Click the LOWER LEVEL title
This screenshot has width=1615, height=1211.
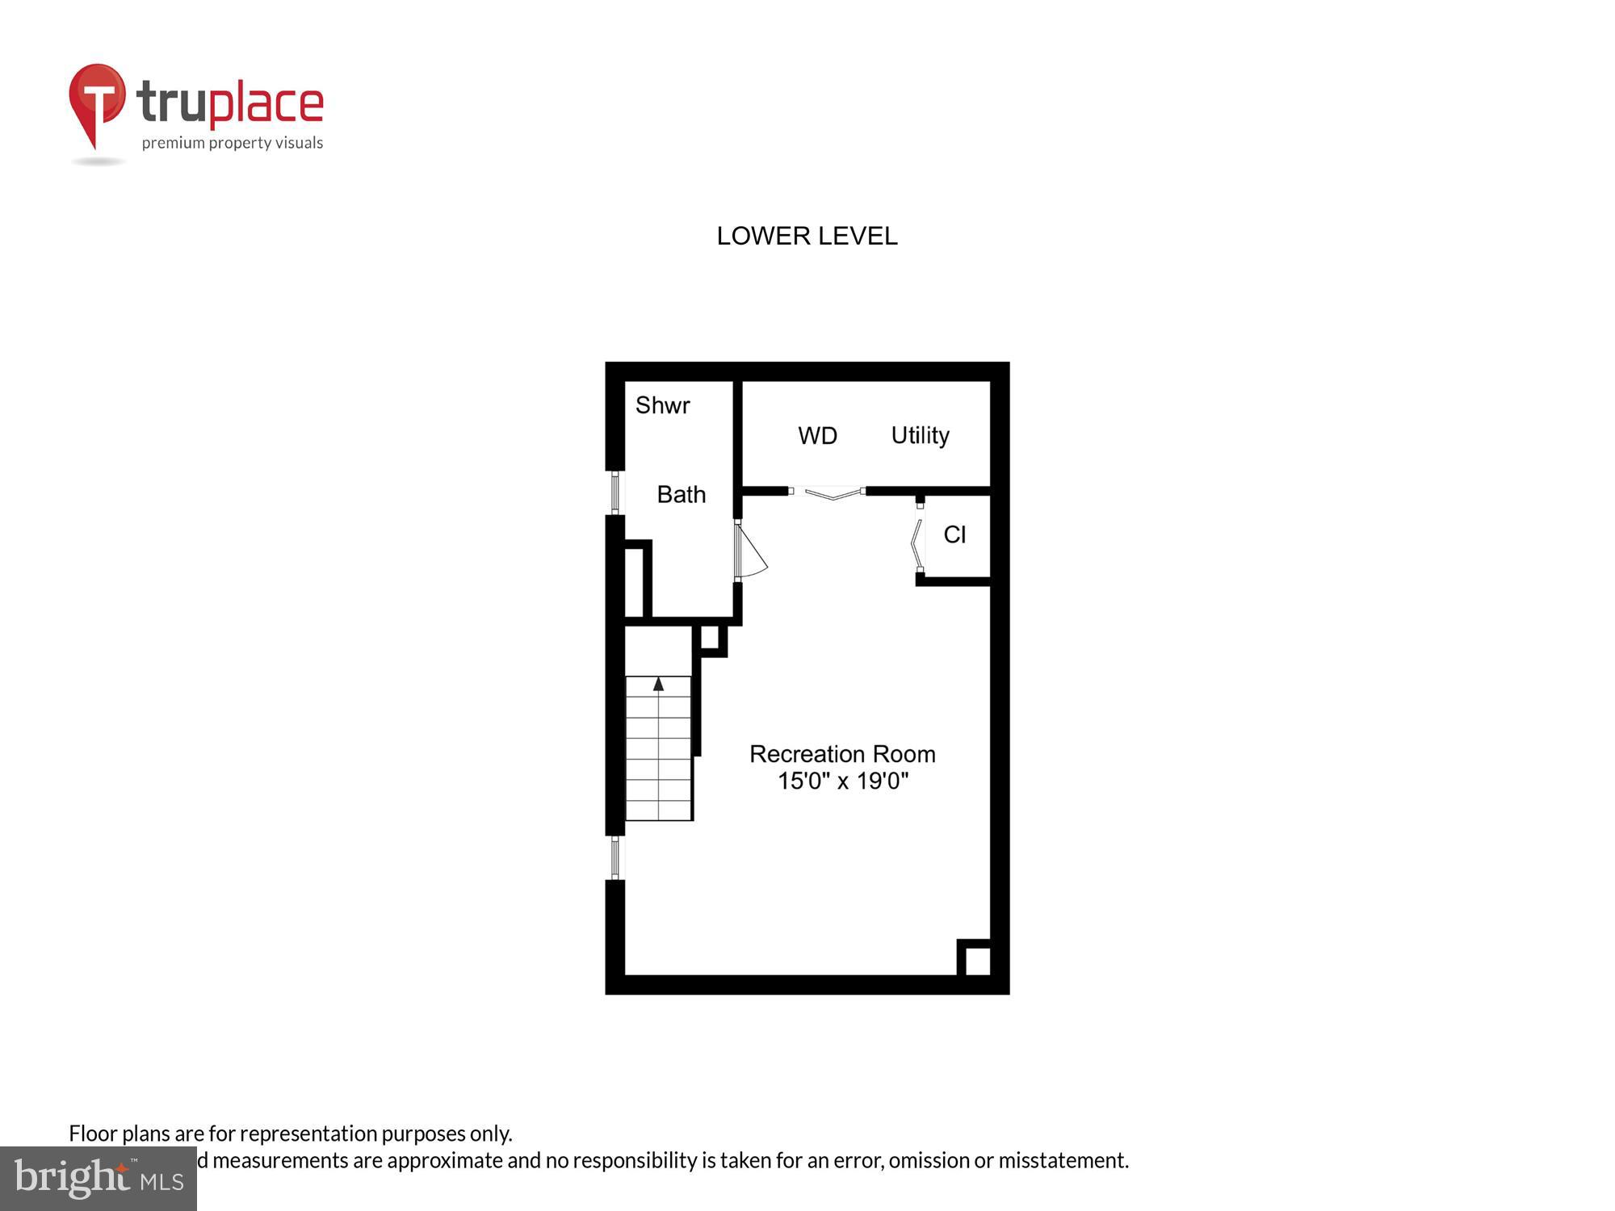pyautogui.click(x=807, y=236)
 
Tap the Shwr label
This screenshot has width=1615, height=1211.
pyautogui.click(x=662, y=405)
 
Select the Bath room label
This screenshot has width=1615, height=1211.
pyautogui.click(x=681, y=494)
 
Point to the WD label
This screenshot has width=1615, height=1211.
pyautogui.click(x=817, y=436)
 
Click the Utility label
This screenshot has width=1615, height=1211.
pyautogui.click(x=920, y=436)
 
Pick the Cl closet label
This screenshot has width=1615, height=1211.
pyautogui.click(x=954, y=534)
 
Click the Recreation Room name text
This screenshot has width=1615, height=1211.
pyautogui.click(x=842, y=754)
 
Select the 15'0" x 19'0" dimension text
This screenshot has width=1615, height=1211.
pyautogui.click(x=842, y=781)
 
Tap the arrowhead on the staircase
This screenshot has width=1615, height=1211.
pyautogui.click(x=659, y=685)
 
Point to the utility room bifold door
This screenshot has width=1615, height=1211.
pyautogui.click(x=829, y=492)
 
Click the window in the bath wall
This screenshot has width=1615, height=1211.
pyautogui.click(x=615, y=493)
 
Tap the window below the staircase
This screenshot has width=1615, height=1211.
pyautogui.click(x=615, y=857)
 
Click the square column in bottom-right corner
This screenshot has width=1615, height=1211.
pyautogui.click(x=977, y=961)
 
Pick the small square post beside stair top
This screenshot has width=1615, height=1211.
pyautogui.click(x=710, y=638)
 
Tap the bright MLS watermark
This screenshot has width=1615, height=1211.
pyautogui.click(x=99, y=1179)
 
